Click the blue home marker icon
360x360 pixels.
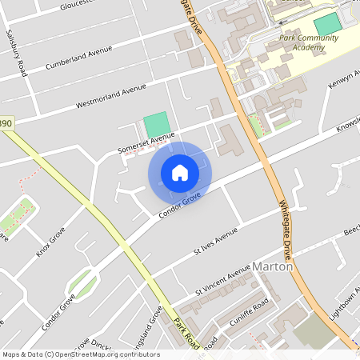coord(180,172)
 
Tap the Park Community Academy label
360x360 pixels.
coord(302,42)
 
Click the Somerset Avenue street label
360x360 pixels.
coord(146,142)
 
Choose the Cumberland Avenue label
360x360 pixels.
coord(78,58)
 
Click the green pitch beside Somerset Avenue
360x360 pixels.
coord(157,124)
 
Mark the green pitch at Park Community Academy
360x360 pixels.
coord(327,24)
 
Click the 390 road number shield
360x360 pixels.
coord(6,124)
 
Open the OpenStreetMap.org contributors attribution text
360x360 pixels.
coord(80,354)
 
